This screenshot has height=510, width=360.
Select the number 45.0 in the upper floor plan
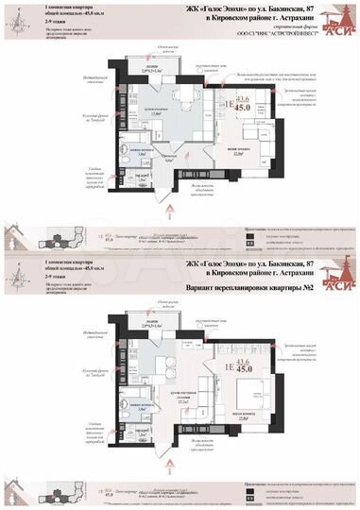point(243,107)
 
